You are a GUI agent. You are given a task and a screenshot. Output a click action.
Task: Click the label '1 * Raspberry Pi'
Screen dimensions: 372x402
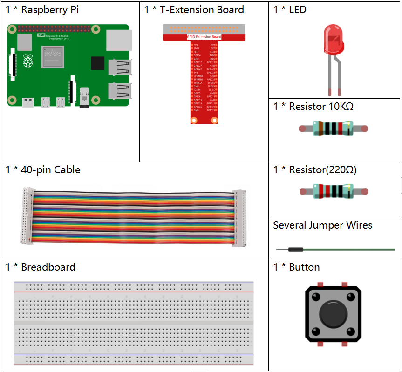(x=42, y=10)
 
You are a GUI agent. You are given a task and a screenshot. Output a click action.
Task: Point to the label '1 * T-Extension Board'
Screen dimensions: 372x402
(x=194, y=10)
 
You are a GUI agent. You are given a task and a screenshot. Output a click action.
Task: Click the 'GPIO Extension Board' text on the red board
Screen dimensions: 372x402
(x=204, y=37)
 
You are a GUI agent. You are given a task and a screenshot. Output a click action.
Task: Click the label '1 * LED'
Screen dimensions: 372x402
(x=290, y=10)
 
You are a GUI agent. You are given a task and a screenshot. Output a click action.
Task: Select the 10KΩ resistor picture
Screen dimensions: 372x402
(x=333, y=129)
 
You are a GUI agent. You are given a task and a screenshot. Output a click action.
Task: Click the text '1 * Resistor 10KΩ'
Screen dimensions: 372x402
(x=313, y=107)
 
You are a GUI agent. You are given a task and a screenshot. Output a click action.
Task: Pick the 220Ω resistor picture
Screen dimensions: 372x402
(x=333, y=191)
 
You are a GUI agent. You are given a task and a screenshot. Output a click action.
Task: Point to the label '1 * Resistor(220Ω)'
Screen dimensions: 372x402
(x=315, y=170)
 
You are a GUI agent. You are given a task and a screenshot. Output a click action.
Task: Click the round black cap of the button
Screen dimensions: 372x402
(x=333, y=313)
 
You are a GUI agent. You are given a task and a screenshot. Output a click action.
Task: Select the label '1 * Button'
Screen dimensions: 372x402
(x=296, y=267)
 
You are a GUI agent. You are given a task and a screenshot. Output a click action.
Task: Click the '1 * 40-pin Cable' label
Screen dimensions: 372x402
(x=43, y=170)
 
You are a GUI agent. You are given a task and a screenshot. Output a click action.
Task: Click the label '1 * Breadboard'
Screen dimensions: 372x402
(x=41, y=267)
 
